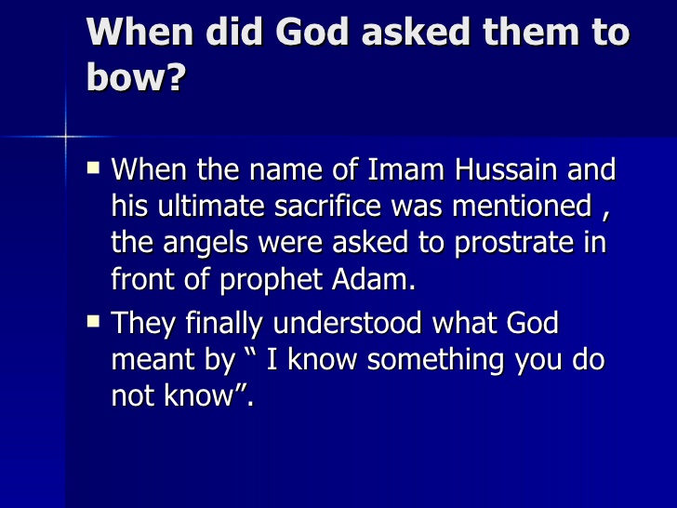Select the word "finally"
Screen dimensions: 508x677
(227, 323)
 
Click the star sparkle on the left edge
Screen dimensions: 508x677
(66, 137)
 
